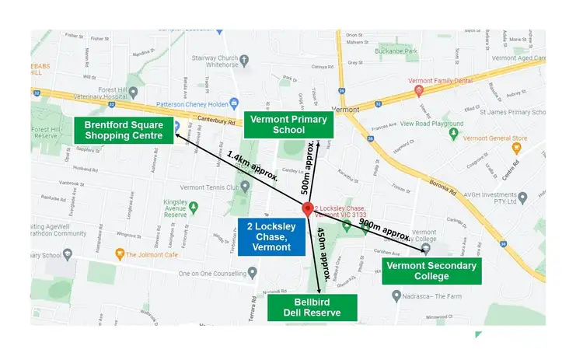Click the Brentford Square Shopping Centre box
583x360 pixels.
tap(124, 130)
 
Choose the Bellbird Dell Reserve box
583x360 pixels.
tap(313, 307)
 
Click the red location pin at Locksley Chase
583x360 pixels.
tap(308, 210)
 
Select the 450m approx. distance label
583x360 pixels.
tap(324, 253)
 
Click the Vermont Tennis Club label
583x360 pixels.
tap(211, 186)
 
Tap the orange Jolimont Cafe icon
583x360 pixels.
tap(120, 253)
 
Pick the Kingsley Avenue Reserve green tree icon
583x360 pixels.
tap(194, 208)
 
